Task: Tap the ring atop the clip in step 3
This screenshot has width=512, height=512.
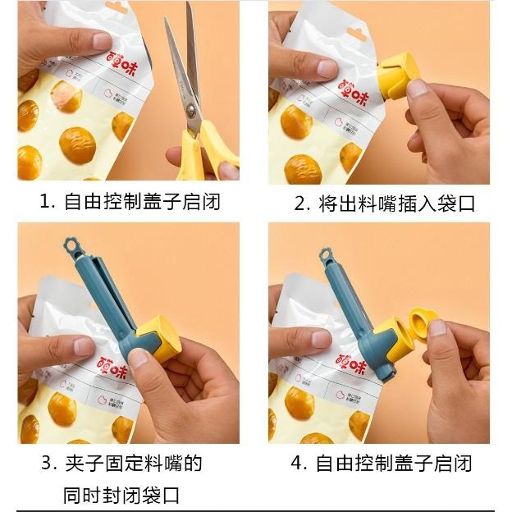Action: (x=71, y=245)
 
